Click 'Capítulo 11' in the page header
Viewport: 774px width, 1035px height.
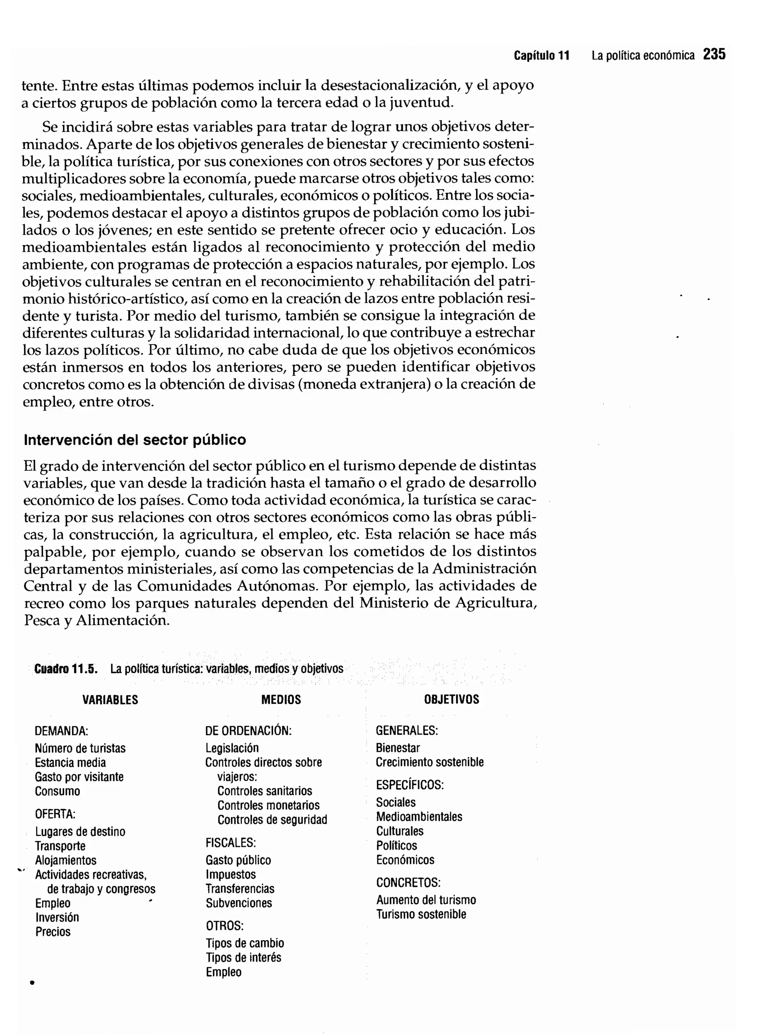542,56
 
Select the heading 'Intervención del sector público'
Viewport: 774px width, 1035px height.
135,440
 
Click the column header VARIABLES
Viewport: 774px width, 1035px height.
110,700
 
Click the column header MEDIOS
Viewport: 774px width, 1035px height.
281,700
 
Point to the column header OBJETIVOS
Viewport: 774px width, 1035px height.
451,699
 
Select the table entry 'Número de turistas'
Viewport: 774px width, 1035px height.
80,748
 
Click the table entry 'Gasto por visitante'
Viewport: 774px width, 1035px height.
79,777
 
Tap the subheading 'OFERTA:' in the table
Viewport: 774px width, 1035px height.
55,814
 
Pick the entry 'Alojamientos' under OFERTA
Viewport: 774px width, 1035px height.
65,860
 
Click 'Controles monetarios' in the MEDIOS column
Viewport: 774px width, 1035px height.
268,805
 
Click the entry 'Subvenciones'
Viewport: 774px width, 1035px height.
238,903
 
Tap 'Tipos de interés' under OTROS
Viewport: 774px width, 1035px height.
243,958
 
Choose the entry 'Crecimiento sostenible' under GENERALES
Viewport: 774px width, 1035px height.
429,762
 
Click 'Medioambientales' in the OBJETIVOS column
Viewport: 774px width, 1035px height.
419,817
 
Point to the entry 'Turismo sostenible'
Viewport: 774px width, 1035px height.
421,914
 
